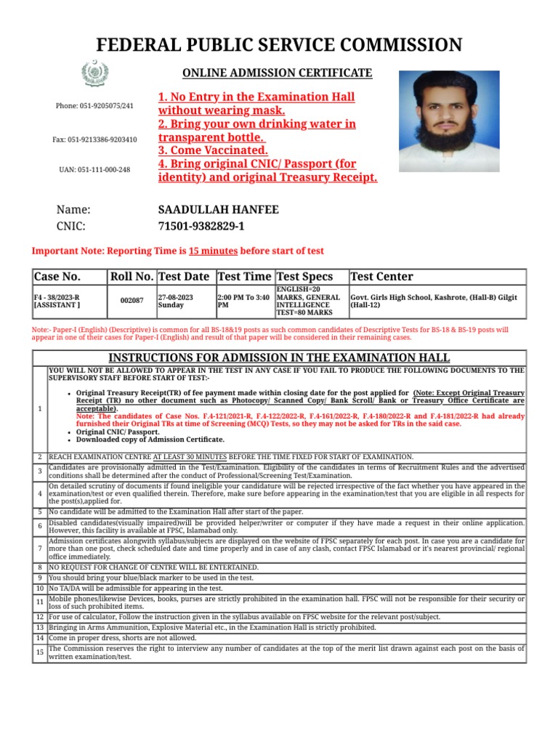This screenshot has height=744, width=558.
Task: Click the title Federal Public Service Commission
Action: pos(279,45)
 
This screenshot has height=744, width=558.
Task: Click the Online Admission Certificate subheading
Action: pos(277,73)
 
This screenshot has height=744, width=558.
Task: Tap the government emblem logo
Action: pos(94,74)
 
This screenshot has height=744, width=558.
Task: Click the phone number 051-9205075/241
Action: pos(94,106)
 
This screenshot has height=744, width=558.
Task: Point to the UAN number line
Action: pos(94,169)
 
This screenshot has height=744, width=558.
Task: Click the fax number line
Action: pos(94,139)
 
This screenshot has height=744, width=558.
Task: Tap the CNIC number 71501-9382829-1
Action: pos(201,227)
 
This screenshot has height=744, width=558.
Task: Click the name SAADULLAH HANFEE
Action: pos(218,210)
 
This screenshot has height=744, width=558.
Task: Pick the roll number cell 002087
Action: pos(132,300)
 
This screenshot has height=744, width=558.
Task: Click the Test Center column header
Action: pos(381,277)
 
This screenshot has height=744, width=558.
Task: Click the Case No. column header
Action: pos(57,277)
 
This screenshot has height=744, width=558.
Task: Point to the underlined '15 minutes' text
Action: pos(213,251)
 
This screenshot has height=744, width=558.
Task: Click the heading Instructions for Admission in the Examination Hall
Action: pos(279,357)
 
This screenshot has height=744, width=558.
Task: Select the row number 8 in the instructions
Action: pos(39,567)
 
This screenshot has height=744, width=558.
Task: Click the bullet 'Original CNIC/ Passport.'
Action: pos(118,432)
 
